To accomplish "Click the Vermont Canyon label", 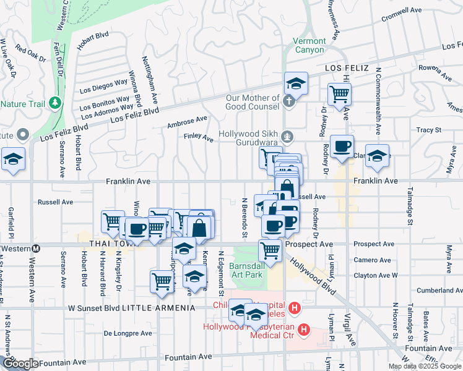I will coord(309,45).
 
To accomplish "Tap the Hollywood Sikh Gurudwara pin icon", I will coord(286,137).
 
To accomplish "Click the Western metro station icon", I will coord(36,249).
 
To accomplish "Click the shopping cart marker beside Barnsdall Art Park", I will coord(270,251).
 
